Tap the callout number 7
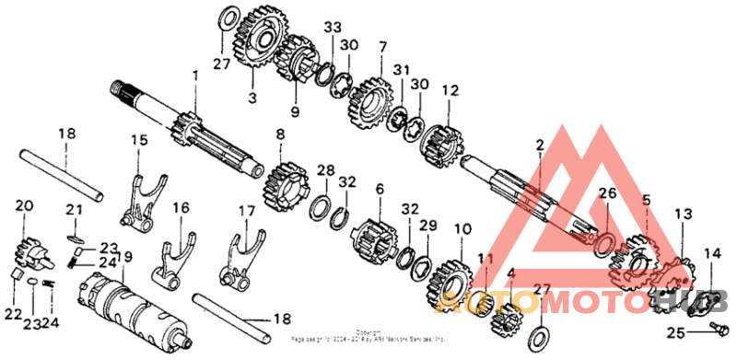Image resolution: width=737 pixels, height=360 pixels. pyautogui.click(x=382, y=45)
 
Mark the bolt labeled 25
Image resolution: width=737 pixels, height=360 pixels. pyautogui.click(x=721, y=327)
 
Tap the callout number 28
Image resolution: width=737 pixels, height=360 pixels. pyautogui.click(x=324, y=170)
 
